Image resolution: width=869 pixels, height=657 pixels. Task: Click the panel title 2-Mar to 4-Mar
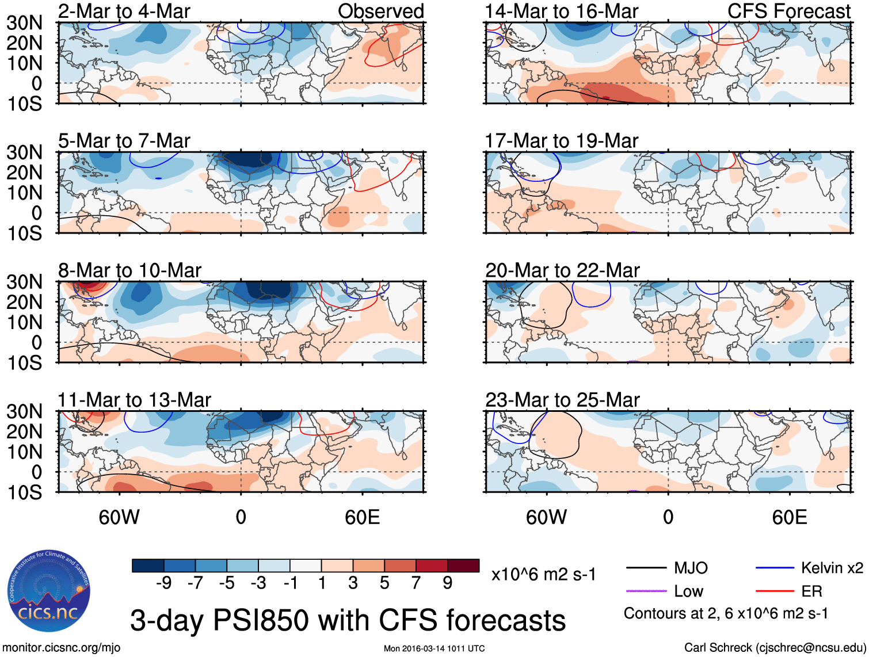click(x=124, y=11)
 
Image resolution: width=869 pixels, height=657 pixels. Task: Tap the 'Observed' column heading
click(x=380, y=11)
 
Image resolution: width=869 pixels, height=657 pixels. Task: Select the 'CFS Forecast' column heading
click(x=788, y=11)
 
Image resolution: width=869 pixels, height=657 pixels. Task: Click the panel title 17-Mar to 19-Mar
click(x=561, y=140)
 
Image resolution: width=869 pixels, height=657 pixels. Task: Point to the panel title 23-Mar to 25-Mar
click(x=562, y=399)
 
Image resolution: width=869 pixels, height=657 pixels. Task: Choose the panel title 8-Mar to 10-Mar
click(x=129, y=270)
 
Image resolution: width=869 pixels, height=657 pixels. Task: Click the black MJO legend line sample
click(x=646, y=568)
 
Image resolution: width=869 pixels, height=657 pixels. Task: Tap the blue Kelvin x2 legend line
click(x=775, y=568)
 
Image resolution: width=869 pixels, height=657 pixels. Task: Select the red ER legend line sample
click(x=775, y=591)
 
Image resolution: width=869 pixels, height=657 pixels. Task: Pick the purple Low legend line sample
click(x=646, y=591)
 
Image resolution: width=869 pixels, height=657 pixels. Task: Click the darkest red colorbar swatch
click(x=463, y=566)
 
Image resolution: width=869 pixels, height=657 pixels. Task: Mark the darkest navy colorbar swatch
click(x=147, y=566)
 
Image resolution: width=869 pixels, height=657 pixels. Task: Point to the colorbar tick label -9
click(x=163, y=583)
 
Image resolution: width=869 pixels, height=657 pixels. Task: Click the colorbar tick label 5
click(x=384, y=583)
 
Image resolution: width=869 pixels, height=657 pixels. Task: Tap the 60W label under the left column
click(x=119, y=517)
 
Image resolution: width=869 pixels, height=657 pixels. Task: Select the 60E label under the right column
click(x=789, y=517)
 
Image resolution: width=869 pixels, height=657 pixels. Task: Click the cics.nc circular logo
click(x=49, y=591)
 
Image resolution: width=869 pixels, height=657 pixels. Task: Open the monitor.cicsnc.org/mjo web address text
click(x=62, y=647)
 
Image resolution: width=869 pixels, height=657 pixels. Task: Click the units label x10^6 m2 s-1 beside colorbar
click(x=543, y=574)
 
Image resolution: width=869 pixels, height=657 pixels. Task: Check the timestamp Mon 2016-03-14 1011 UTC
click(x=434, y=648)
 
